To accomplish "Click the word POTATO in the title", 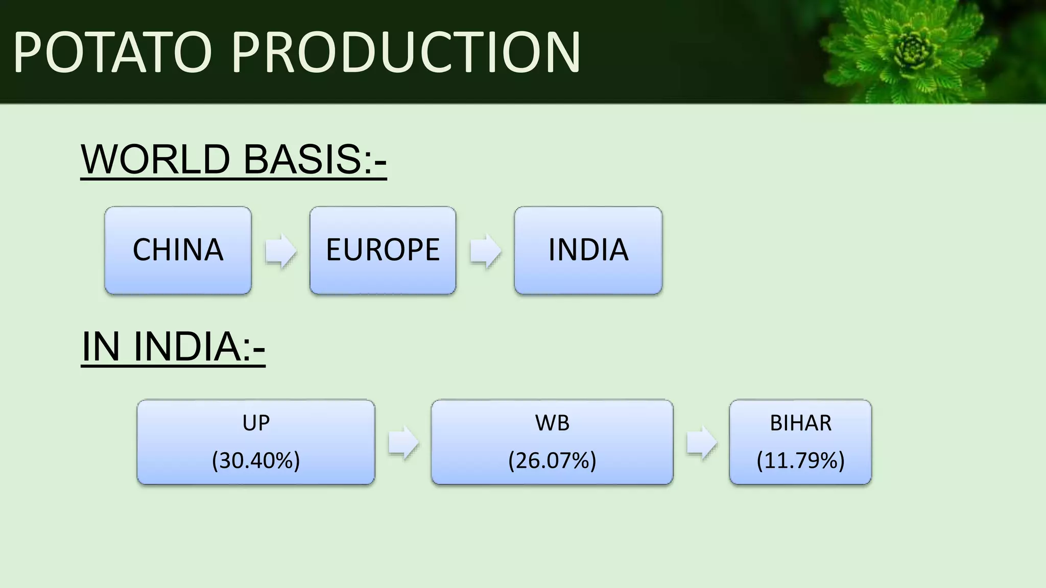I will pyautogui.click(x=112, y=53).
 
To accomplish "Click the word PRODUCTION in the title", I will pyautogui.click(x=406, y=53).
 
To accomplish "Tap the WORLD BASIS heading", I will pyautogui.click(x=233, y=159).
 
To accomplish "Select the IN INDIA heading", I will pyautogui.click(x=173, y=347).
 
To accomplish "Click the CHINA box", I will pyautogui.click(x=178, y=250).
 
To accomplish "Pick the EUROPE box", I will pyautogui.click(x=383, y=250).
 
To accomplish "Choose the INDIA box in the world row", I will pyautogui.click(x=588, y=250).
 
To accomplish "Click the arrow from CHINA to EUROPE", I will pyautogui.click(x=280, y=251).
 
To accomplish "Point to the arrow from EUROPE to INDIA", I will pyautogui.click(x=485, y=251).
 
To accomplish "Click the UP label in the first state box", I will pyautogui.click(x=256, y=423).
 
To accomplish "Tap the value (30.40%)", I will pyautogui.click(x=256, y=460).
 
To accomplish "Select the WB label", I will pyautogui.click(x=552, y=423).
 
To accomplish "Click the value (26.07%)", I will pyautogui.click(x=552, y=460).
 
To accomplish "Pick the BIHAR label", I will pyautogui.click(x=800, y=423).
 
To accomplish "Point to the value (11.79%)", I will pyautogui.click(x=800, y=460).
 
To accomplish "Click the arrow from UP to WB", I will pyautogui.click(x=403, y=443).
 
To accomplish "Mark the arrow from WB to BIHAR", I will pyautogui.click(x=701, y=443).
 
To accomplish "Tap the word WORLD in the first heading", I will pyautogui.click(x=155, y=159).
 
